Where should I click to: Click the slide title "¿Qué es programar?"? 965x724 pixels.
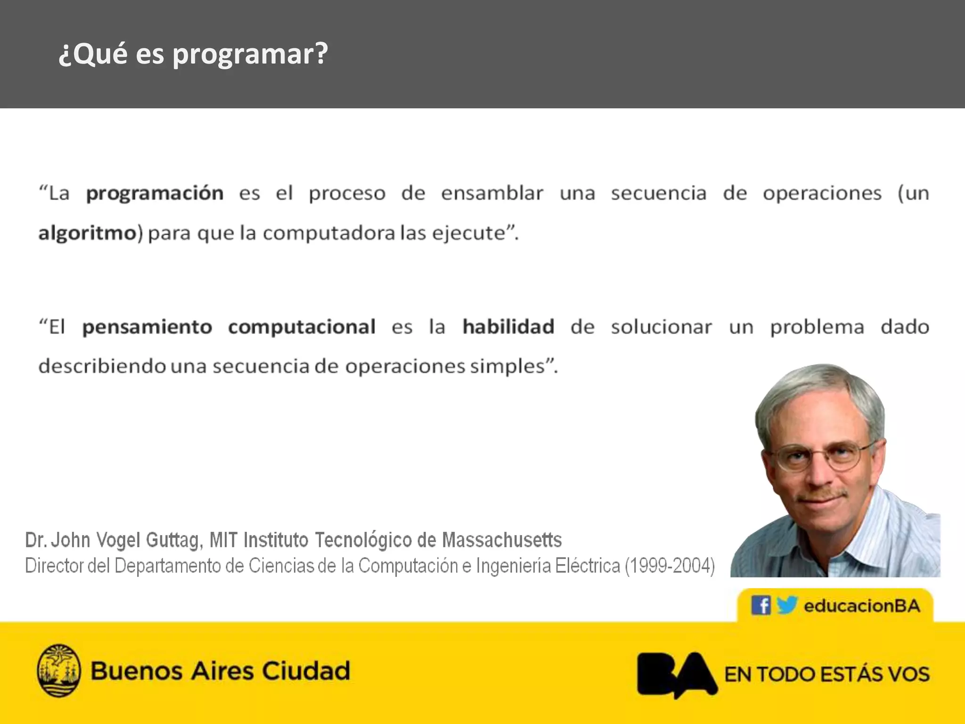click(x=193, y=54)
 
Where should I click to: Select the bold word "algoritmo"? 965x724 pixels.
click(x=87, y=233)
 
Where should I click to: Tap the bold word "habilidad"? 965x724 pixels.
click(x=508, y=327)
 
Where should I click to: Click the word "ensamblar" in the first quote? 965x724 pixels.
click(x=492, y=193)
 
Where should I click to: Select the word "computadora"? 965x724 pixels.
click(x=328, y=233)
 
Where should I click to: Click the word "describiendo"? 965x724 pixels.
click(x=102, y=366)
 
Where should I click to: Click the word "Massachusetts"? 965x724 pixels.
click(x=501, y=540)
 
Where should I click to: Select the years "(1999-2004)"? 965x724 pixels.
click(x=670, y=566)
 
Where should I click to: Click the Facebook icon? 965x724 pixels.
click(x=761, y=605)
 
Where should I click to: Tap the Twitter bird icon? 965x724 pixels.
click(x=786, y=605)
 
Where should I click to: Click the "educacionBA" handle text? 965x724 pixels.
click(x=862, y=606)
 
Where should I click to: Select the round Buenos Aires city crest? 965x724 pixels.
click(x=58, y=670)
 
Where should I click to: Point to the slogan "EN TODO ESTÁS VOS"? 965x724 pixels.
click(x=827, y=675)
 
